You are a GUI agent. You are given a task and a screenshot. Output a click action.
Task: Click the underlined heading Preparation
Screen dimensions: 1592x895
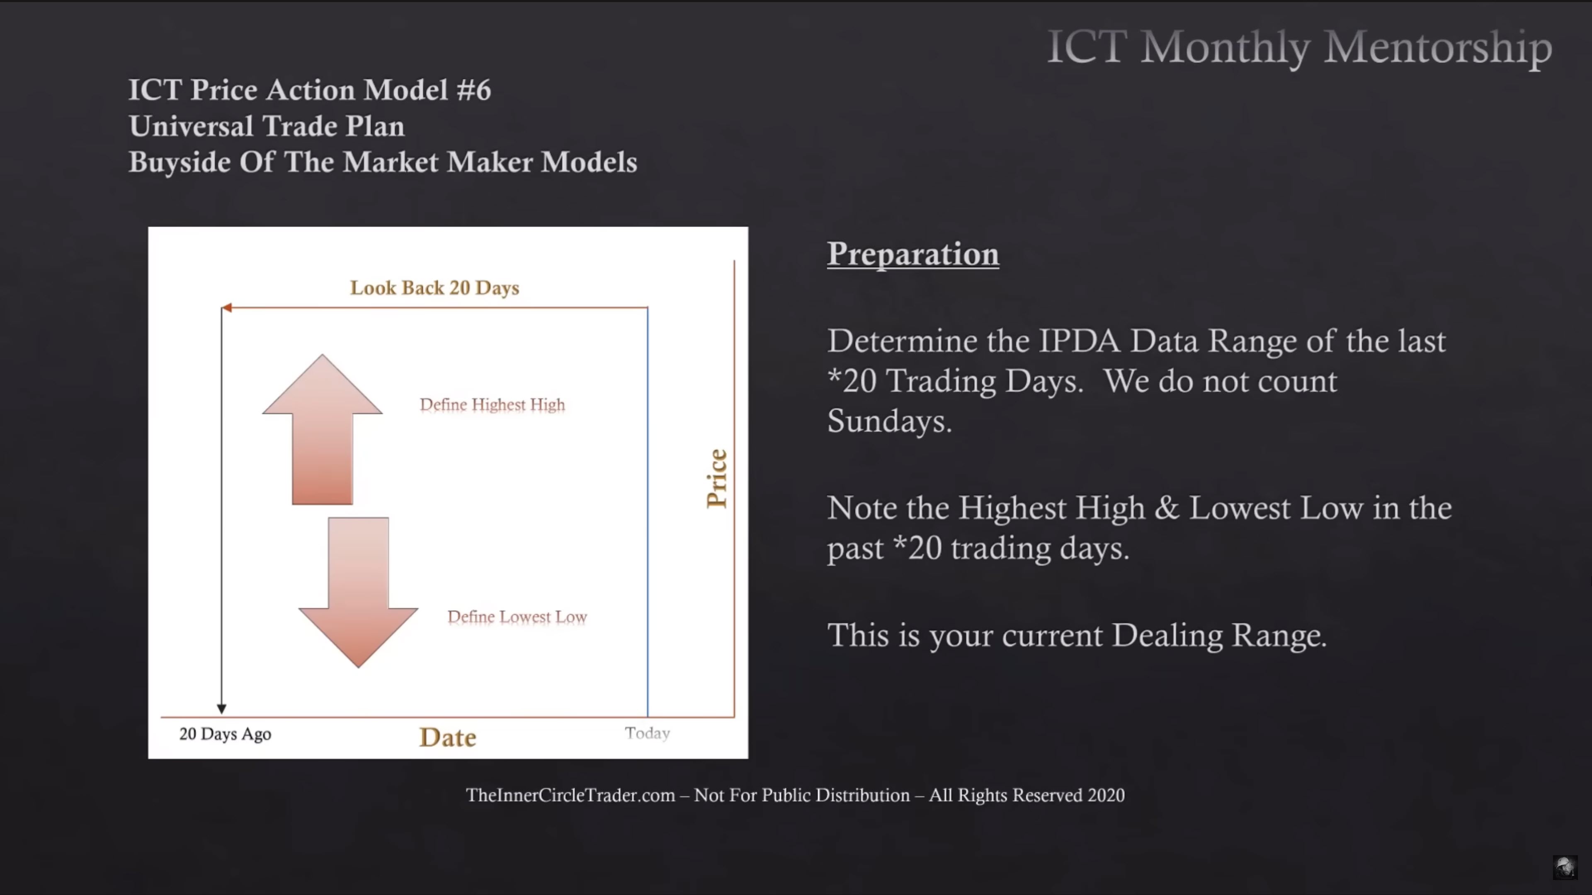tap(913, 254)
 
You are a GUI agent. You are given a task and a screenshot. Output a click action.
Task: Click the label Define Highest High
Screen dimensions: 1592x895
tap(492, 404)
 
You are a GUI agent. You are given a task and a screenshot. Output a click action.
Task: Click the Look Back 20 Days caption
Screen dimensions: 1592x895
tap(434, 288)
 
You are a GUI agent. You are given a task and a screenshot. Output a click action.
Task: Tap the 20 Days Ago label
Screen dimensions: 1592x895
tap(225, 734)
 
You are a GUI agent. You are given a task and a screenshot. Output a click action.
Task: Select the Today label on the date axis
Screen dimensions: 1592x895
tap(647, 733)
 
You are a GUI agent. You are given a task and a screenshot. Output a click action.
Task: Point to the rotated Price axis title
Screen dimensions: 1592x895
tap(717, 479)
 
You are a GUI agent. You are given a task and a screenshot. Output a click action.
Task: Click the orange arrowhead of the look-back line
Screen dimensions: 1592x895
tap(227, 307)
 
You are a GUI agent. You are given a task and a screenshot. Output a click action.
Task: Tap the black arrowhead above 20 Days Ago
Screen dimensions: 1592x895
tap(221, 709)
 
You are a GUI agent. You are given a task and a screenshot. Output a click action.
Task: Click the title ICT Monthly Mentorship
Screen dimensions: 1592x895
tap(1300, 47)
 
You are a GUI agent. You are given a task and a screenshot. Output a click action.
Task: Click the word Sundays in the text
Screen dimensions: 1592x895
tap(889, 421)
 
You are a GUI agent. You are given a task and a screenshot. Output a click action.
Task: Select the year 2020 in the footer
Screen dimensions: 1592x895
tap(1106, 795)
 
